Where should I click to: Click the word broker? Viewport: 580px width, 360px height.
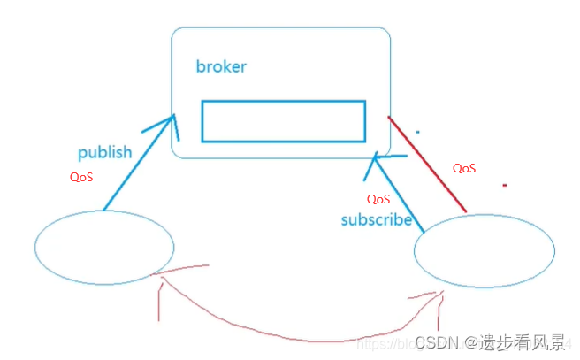point(221,67)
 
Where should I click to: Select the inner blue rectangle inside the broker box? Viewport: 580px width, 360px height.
point(283,121)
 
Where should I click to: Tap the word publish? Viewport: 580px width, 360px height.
point(104,152)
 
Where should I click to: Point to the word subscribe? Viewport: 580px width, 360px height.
point(377,219)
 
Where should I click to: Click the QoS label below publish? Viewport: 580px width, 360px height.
point(81,177)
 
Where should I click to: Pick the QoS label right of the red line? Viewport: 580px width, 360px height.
point(464,168)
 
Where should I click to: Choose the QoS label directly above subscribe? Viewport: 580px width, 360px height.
point(378,199)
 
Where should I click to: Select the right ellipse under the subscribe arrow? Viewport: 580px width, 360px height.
point(485,249)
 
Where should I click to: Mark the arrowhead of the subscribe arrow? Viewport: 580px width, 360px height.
point(376,159)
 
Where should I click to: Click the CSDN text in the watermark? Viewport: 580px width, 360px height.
point(434,342)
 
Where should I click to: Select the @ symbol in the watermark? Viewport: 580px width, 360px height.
point(473,342)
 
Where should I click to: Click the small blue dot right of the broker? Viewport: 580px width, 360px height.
point(417,132)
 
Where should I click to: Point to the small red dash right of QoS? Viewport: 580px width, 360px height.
point(504,186)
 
